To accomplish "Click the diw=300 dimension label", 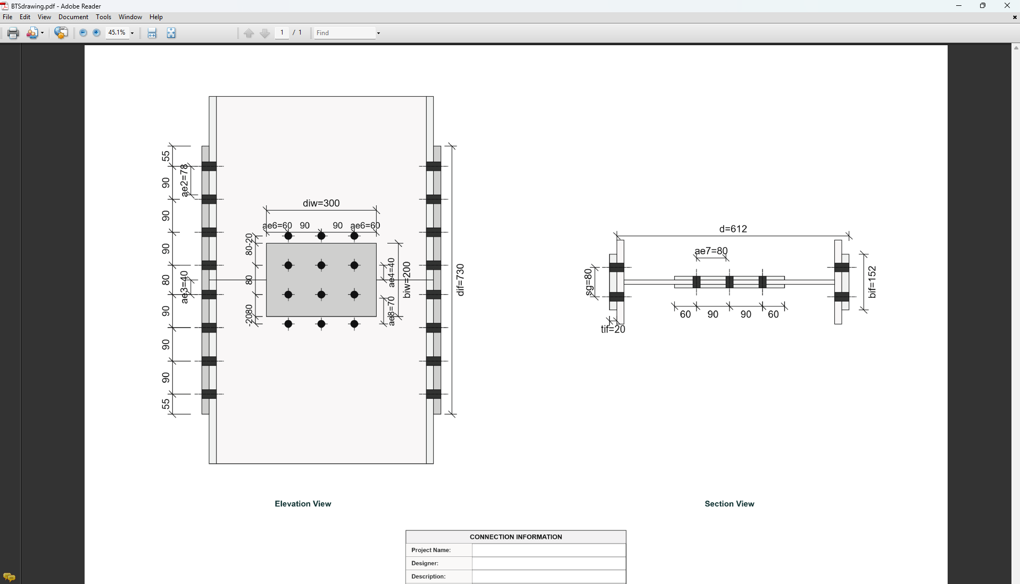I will click(321, 203).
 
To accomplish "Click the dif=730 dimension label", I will click(460, 280).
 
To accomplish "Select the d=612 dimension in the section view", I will click(733, 229).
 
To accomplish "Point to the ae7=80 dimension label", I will click(711, 251).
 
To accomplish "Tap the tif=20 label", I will click(613, 330).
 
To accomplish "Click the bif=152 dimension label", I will click(872, 282).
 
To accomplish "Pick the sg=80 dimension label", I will click(588, 282).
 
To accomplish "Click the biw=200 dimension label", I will click(407, 280).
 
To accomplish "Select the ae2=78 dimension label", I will click(184, 181).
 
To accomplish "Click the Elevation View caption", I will click(303, 504).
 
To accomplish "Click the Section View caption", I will click(729, 504).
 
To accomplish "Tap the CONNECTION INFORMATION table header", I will click(516, 537).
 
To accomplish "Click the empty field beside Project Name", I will click(549, 550).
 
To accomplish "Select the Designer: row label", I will click(425, 563).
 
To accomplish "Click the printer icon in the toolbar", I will click(13, 33).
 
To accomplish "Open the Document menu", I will click(73, 17).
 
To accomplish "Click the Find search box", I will click(344, 33).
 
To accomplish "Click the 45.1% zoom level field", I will click(117, 33).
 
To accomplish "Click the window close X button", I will click(1007, 6).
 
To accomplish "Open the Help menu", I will click(156, 17).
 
